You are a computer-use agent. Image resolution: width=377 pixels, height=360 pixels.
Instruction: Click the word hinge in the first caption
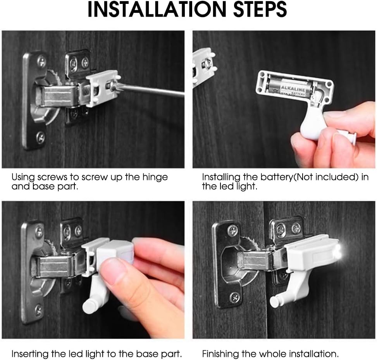tap(157, 177)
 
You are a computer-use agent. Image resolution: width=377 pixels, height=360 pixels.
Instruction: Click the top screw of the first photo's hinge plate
tap(41, 61)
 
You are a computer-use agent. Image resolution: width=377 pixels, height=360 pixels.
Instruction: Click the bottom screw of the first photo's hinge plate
tap(40, 136)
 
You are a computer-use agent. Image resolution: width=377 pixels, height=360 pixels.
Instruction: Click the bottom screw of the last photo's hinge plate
tap(235, 297)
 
